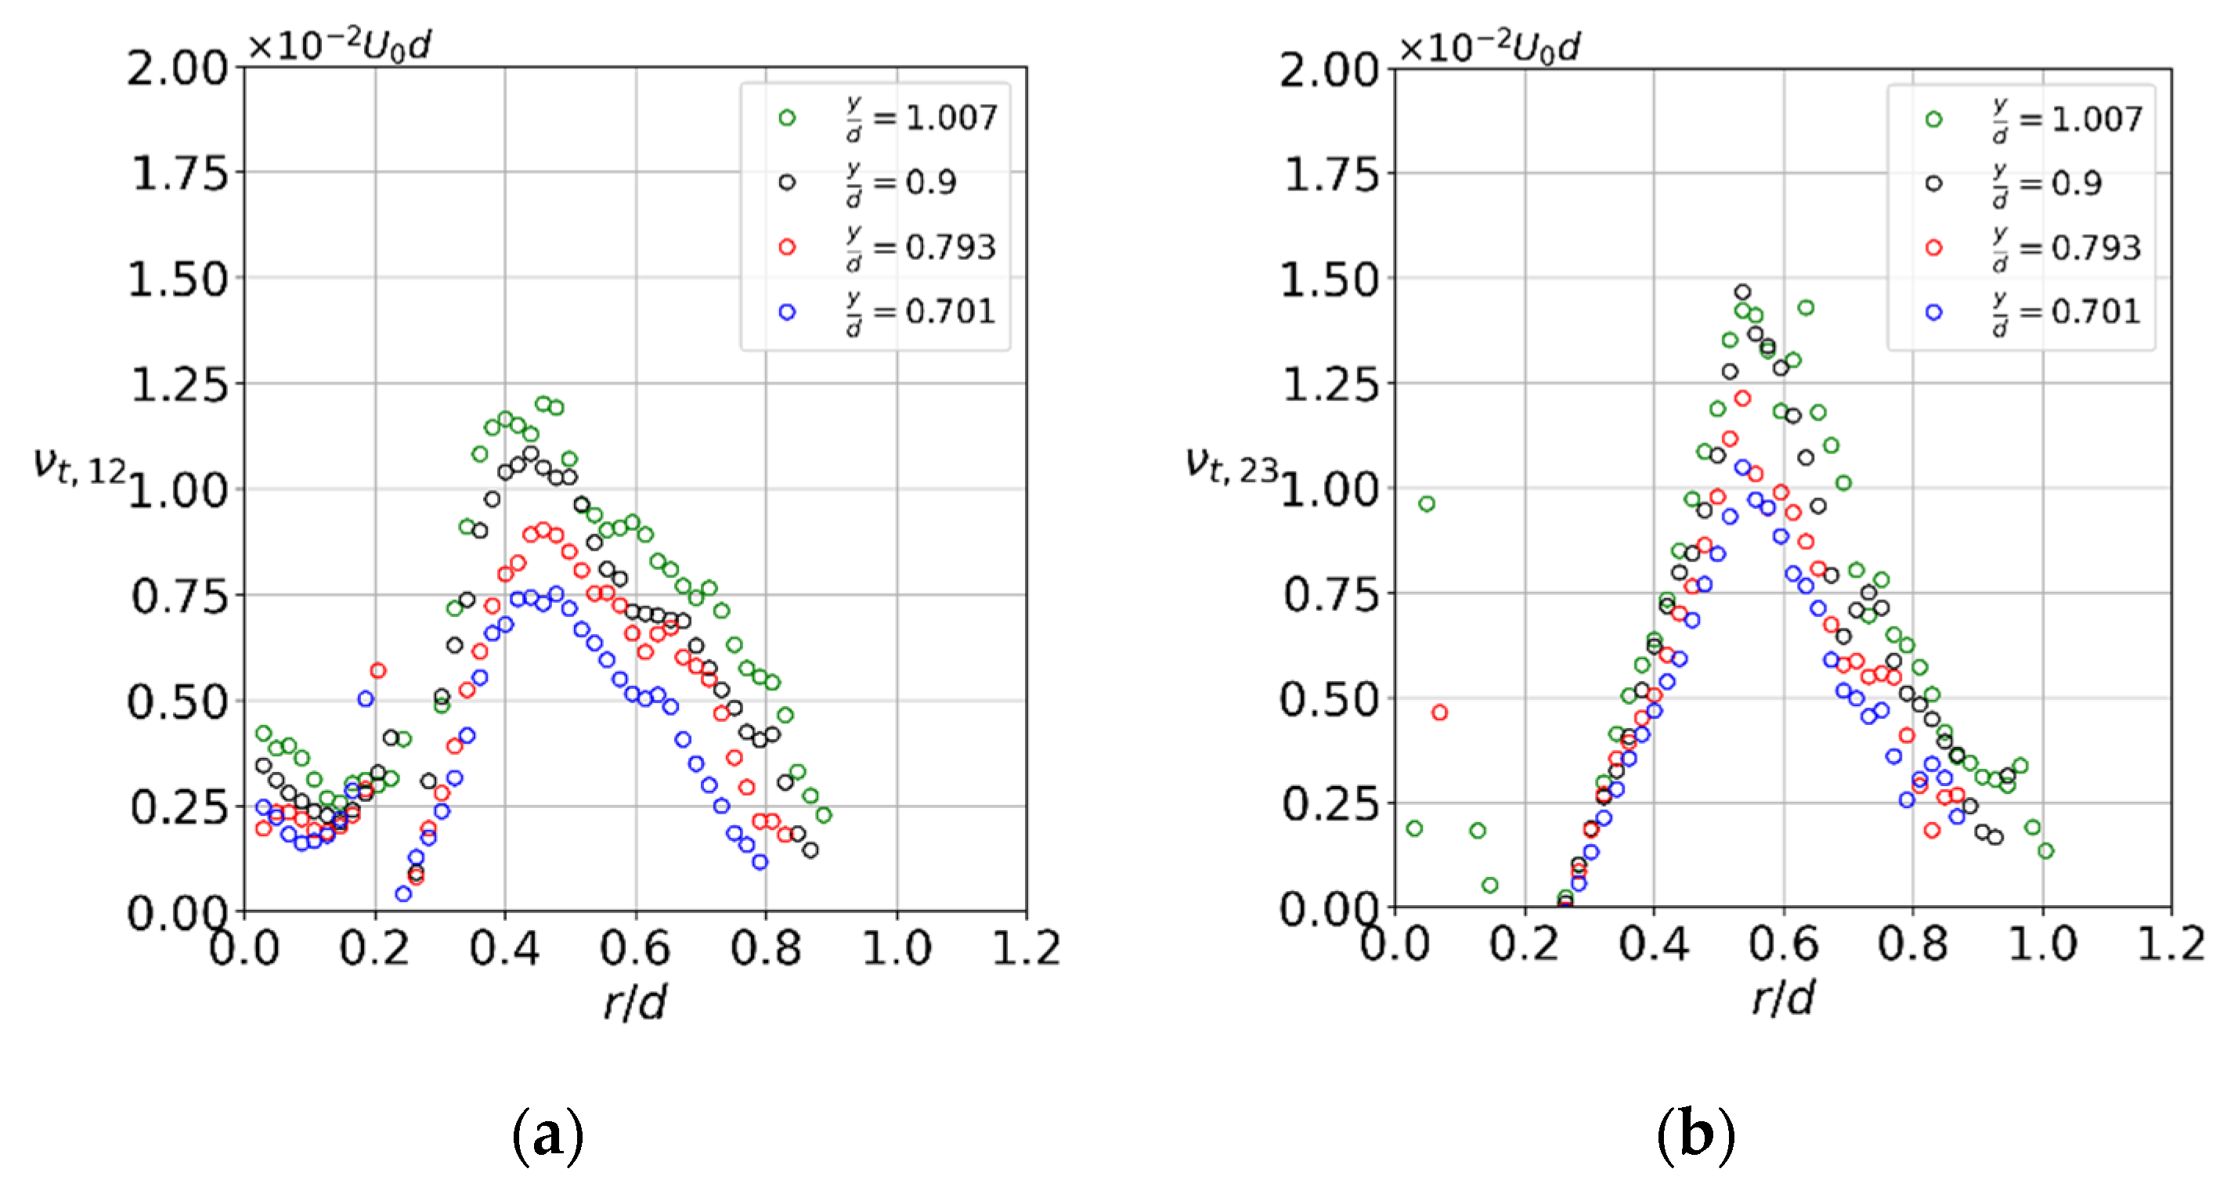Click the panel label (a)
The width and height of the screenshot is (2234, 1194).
pos(547,1134)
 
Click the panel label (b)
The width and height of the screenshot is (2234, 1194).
pos(1695,1134)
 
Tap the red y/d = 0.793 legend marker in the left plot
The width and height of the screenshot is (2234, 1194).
pos(787,247)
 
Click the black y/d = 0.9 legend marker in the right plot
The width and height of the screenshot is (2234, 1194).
pos(1933,184)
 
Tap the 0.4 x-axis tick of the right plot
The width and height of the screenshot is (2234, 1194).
pos(1653,944)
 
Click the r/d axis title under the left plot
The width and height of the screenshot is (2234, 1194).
pos(635,1003)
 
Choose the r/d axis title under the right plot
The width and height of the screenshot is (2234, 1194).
pos(1783,999)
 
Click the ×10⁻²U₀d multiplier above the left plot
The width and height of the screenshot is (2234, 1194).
pos(340,45)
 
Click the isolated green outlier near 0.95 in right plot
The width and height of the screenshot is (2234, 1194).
pos(1426,503)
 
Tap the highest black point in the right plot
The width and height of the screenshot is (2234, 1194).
pos(1742,292)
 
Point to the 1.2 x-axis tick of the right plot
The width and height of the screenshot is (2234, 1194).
pos(2170,944)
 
